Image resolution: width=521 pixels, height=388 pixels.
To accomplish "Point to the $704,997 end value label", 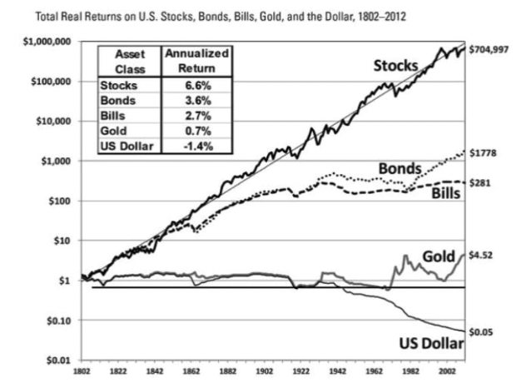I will [x=490, y=50].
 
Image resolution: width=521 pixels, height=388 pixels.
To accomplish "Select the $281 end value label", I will [x=481, y=182].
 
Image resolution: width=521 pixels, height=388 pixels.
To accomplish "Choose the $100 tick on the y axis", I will [x=65, y=201].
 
